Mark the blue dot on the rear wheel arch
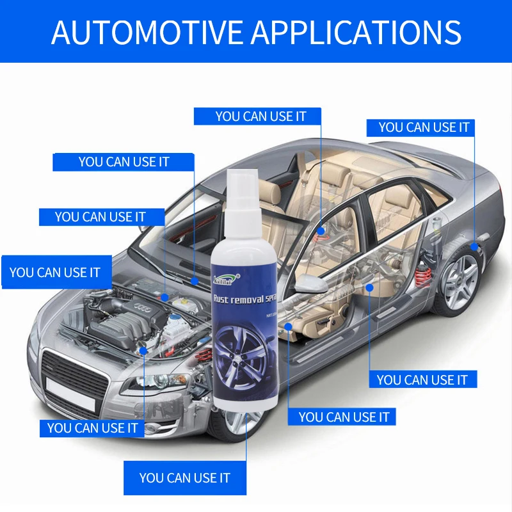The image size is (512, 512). pos(474,246)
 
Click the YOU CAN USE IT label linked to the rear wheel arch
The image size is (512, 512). pos(424,127)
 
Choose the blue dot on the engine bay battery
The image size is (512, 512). pos(165,297)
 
